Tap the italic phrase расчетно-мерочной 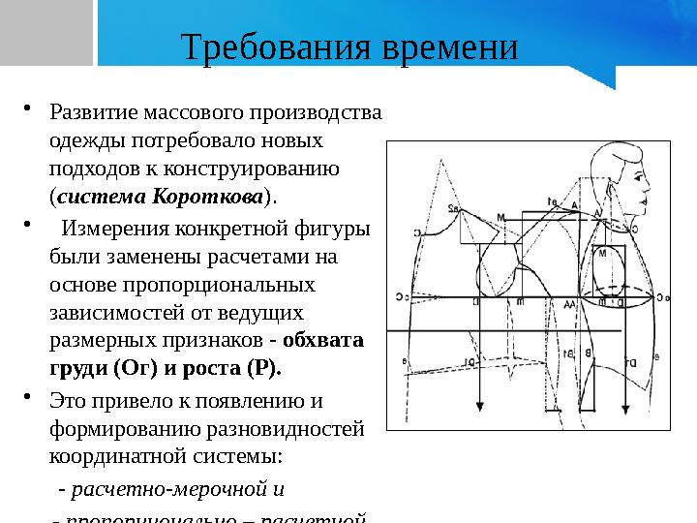[x=171, y=488]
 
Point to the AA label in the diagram [x=570, y=304]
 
